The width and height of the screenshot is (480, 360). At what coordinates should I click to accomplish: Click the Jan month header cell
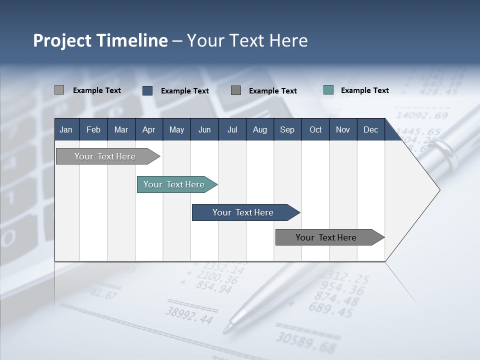66,129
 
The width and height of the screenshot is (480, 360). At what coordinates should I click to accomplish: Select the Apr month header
148,129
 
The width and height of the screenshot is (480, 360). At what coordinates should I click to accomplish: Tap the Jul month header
232,129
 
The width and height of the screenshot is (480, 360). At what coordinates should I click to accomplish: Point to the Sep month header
287,129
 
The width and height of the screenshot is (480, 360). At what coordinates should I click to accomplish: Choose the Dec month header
370,129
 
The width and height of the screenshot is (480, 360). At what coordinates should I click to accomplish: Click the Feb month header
93,129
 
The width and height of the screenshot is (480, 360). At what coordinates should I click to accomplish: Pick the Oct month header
315,129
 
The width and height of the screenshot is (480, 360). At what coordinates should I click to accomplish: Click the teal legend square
328,90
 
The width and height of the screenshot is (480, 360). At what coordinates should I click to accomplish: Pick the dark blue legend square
147,90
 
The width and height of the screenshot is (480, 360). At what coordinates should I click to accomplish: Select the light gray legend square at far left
59,90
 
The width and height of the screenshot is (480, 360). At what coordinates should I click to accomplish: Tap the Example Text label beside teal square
364,90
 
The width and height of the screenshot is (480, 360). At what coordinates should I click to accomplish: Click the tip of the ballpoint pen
226,330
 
